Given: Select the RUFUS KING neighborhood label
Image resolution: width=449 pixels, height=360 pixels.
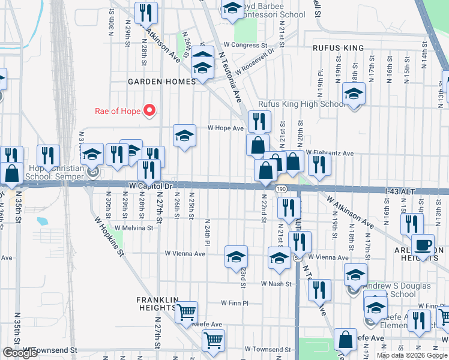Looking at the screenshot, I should (x=338, y=47).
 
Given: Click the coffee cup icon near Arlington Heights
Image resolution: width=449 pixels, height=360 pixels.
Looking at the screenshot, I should (x=423, y=246).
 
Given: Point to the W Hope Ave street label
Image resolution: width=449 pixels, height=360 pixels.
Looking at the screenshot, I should (x=226, y=128).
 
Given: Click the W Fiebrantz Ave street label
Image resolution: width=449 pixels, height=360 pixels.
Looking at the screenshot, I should (x=330, y=153).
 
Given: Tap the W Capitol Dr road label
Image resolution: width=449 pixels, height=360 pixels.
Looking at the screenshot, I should (x=151, y=187).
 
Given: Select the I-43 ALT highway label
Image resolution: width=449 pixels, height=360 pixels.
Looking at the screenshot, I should (x=400, y=191).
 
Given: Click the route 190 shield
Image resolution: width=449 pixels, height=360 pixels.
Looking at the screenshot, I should (x=281, y=188).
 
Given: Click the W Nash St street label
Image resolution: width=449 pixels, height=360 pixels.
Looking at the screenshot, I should (x=276, y=284).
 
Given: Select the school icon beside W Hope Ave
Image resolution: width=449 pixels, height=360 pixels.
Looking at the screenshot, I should (x=184, y=136).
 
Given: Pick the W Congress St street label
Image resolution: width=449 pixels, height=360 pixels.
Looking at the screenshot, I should (x=245, y=45).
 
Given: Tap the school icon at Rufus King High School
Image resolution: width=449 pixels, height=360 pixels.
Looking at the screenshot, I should (x=354, y=94).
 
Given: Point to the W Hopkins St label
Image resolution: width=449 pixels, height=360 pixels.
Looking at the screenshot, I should (x=109, y=236).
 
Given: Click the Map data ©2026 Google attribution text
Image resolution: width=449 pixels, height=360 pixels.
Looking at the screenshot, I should (x=412, y=355).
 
